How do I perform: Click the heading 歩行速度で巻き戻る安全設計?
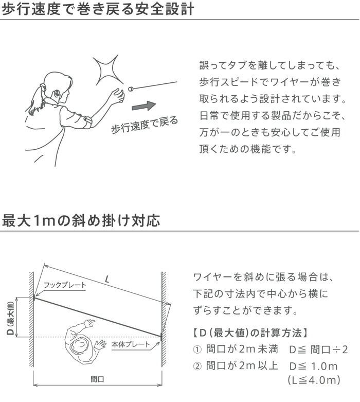98,10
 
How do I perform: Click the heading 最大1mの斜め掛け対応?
81,221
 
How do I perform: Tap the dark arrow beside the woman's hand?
143,107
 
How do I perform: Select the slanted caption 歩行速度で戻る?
145,125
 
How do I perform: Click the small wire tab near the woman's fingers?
130,89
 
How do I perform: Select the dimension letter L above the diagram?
106,280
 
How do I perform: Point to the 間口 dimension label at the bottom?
97,378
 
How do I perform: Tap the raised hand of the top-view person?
89,323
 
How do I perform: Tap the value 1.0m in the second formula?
323,366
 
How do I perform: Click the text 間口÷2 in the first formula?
329,350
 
